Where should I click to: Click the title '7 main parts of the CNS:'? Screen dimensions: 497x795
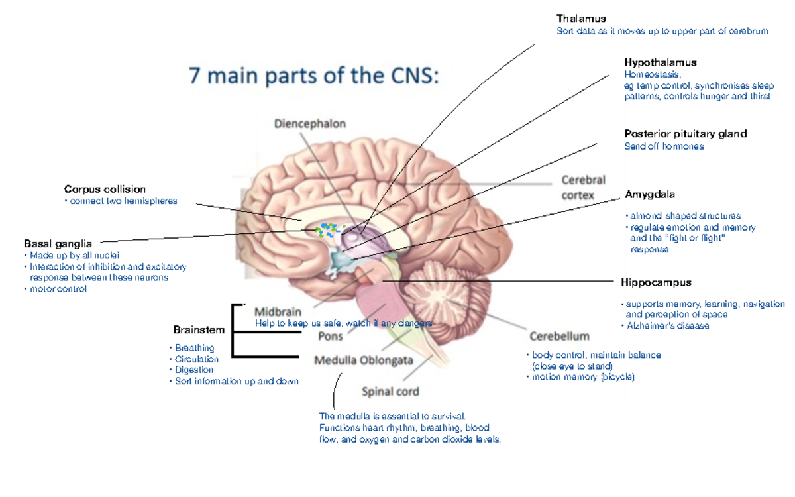(314, 76)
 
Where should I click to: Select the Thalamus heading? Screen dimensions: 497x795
(581, 19)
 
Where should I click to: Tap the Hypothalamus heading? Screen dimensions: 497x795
(660, 62)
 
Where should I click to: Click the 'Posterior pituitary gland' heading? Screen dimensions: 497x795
(685, 134)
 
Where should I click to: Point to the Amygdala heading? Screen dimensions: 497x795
(649, 194)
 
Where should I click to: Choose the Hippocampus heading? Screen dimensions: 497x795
(656, 282)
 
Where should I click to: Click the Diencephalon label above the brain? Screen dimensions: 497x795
(309, 123)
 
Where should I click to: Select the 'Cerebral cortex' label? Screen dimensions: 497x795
(583, 188)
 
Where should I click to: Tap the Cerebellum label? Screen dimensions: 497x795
(559, 336)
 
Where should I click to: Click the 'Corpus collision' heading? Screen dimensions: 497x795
(105, 190)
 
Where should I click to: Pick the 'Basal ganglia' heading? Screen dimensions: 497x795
(58, 243)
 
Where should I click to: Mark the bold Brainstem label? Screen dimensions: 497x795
(199, 329)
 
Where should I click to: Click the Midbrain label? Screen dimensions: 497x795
(278, 311)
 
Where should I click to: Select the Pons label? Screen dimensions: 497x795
(331, 336)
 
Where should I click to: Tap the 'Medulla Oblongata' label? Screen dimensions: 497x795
(363, 360)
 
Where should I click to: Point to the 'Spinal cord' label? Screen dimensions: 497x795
(390, 392)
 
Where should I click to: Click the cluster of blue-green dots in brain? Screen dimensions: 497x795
(329, 229)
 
